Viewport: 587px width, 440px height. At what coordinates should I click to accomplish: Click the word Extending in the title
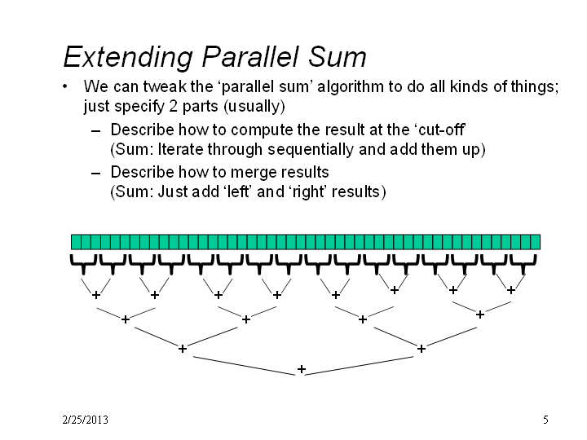click(x=128, y=57)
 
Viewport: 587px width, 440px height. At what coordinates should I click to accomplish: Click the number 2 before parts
click(x=173, y=106)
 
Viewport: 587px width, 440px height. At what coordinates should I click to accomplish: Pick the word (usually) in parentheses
click(x=254, y=107)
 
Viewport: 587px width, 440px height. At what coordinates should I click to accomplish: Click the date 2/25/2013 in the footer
click(x=86, y=420)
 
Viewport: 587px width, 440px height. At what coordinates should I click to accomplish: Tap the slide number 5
click(x=545, y=420)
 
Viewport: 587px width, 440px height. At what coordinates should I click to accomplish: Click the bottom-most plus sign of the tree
click(x=302, y=369)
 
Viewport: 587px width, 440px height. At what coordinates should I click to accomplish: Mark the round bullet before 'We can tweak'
click(x=65, y=86)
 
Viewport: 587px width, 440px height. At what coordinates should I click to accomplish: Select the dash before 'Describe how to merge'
click(x=96, y=174)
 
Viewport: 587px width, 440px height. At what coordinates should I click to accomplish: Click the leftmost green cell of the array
click(x=76, y=242)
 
